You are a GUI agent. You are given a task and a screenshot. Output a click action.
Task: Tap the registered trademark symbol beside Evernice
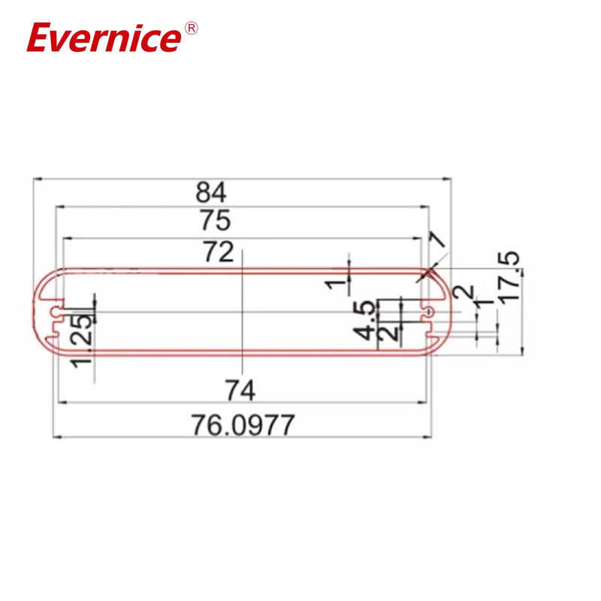click(x=192, y=28)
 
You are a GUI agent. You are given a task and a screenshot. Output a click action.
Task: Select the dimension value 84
click(x=212, y=192)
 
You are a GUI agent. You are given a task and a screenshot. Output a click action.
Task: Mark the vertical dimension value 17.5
click(x=509, y=278)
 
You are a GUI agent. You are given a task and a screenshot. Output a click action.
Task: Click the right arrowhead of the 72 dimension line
click(x=421, y=238)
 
